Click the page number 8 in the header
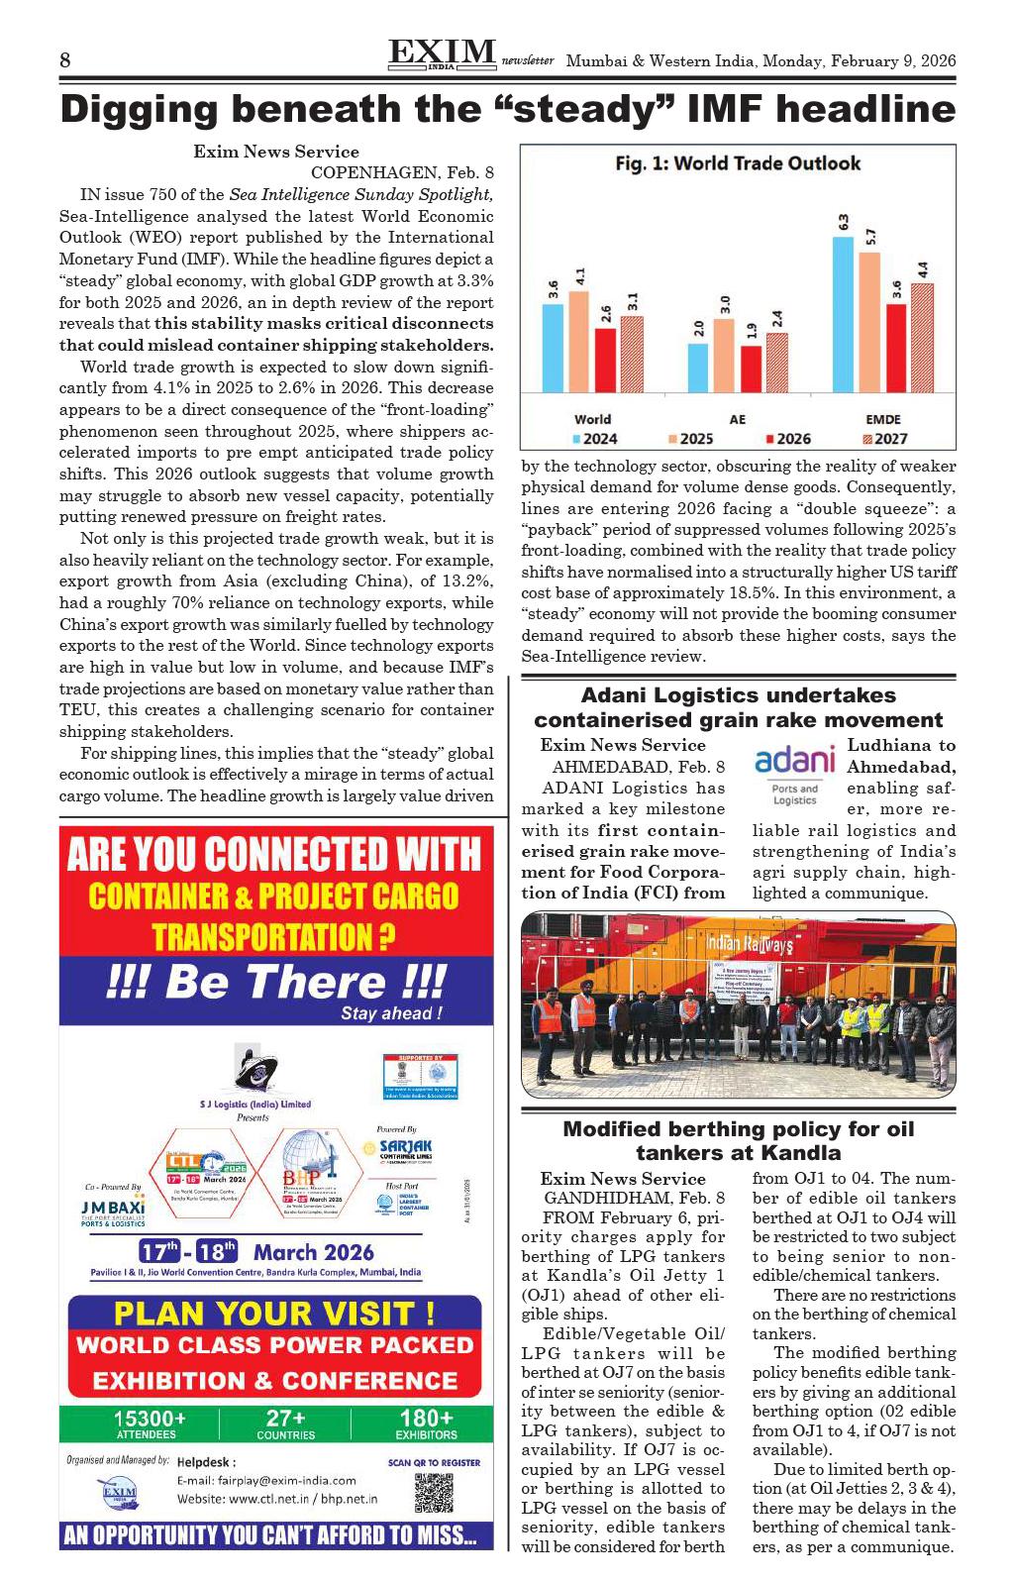click(65, 60)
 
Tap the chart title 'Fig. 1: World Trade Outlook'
click(738, 163)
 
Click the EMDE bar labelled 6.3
click(843, 314)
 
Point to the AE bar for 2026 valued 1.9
click(752, 369)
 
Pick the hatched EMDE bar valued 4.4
click(922, 338)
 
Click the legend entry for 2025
click(690, 439)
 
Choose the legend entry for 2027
click(885, 439)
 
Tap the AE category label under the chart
click(738, 419)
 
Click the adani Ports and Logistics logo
click(795, 772)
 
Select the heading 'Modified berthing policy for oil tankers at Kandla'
click(738, 1140)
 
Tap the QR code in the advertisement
click(434, 1492)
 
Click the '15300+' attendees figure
click(149, 1419)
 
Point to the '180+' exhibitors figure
click(427, 1419)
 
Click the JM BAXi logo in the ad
click(113, 1212)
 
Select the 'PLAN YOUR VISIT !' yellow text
click(274, 1314)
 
